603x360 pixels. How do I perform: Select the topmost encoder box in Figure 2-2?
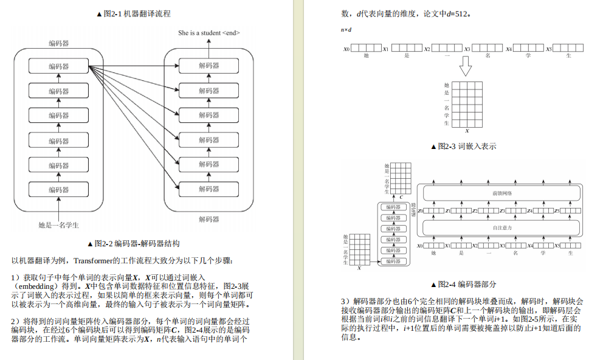(59, 66)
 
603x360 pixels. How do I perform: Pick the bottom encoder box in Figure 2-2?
(59, 190)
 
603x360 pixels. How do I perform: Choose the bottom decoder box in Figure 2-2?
(208, 190)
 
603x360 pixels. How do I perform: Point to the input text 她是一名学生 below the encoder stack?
(59, 225)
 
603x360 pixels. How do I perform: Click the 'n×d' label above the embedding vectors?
(346, 30)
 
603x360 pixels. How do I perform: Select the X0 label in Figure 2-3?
(346, 49)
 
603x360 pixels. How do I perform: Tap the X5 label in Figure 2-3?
(548, 49)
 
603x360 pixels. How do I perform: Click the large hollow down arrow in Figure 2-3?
(466, 66)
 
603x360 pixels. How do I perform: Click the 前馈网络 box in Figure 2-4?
(501, 193)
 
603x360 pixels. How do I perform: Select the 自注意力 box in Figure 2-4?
(501, 227)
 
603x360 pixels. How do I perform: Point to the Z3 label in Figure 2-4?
(502, 211)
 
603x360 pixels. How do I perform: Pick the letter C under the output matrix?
(401, 197)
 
